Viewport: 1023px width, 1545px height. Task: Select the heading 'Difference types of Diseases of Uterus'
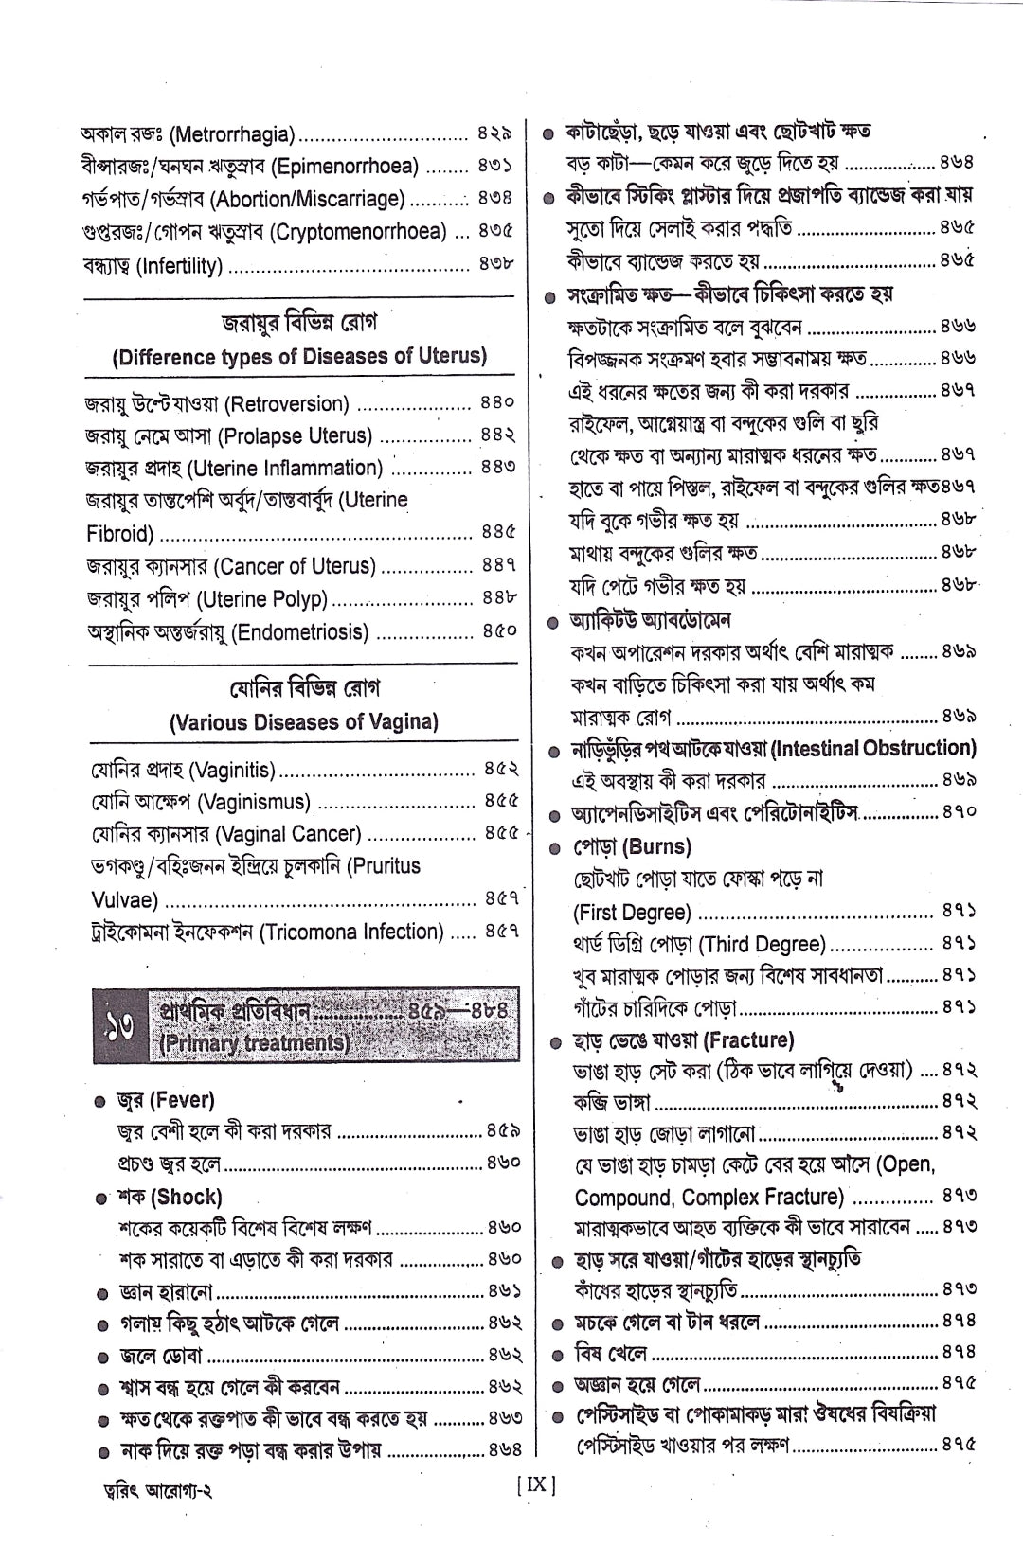pyautogui.click(x=299, y=357)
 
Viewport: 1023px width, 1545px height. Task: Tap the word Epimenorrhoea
pyautogui.click(x=345, y=168)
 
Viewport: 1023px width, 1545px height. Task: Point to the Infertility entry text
pyautogui.click(x=180, y=266)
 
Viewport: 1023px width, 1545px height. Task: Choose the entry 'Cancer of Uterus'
pyautogui.click(x=296, y=567)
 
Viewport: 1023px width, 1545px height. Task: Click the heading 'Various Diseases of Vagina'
pyautogui.click(x=304, y=722)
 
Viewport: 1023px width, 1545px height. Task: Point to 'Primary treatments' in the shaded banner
pyautogui.click(x=255, y=1043)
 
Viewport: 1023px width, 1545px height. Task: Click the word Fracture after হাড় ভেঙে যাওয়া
pyautogui.click(x=749, y=1040)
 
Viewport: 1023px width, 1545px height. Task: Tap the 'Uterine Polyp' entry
pyautogui.click(x=261, y=599)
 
